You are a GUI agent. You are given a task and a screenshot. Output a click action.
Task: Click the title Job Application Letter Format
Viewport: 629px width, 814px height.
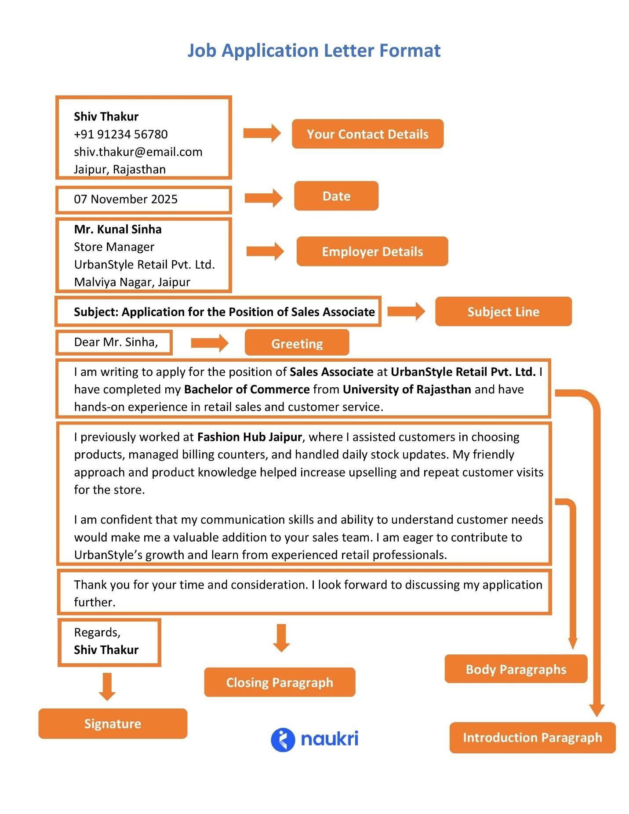coord(314,51)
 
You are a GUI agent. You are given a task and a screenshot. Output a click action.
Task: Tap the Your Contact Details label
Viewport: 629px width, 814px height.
coord(367,134)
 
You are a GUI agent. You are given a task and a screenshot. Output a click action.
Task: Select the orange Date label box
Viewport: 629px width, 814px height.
coord(336,196)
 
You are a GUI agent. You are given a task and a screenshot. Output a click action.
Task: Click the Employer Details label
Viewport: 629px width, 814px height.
coord(372,251)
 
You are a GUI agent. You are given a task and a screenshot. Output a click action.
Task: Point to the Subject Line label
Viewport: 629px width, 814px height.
coord(503,312)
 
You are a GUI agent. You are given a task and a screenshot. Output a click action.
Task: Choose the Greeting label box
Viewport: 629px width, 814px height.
coord(297,343)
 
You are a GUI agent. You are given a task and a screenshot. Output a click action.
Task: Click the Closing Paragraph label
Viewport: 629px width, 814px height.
coord(280,682)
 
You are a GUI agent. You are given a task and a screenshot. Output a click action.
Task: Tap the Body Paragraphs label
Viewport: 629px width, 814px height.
coord(516,669)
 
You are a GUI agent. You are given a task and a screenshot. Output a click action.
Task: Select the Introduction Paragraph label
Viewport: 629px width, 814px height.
coord(532,737)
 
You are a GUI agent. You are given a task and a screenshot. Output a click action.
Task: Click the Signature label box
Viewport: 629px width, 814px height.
coord(113,723)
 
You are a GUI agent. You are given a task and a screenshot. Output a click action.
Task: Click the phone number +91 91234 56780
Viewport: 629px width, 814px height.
coord(120,134)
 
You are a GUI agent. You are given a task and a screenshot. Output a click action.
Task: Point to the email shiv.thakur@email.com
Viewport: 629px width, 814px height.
coord(138,152)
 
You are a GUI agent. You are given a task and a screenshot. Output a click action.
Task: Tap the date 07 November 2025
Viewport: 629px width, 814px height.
coord(126,199)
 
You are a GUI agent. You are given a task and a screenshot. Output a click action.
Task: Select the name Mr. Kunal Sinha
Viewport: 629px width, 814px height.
coord(118,229)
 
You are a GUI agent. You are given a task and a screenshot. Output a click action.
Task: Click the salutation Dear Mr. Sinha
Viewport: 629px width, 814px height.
coord(116,342)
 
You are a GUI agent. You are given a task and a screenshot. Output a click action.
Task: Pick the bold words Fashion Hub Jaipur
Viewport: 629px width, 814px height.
coord(249,437)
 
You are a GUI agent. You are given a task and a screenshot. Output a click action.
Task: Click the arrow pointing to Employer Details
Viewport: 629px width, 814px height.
coord(265,251)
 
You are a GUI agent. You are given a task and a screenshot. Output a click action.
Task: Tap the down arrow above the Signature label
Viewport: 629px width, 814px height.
coord(107,686)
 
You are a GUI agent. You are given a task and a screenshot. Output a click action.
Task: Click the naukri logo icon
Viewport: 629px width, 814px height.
coord(283,740)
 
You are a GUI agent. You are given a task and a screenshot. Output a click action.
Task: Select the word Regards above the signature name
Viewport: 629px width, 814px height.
coord(97,632)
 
